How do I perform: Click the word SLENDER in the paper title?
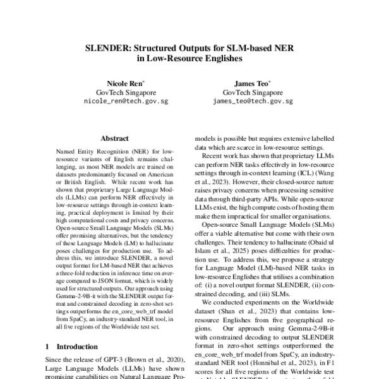pyautogui.click(x=109, y=47)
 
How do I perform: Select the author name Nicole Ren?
pyautogui.click(x=124, y=83)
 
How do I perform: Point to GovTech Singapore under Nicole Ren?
pyautogui.click(x=125, y=92)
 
